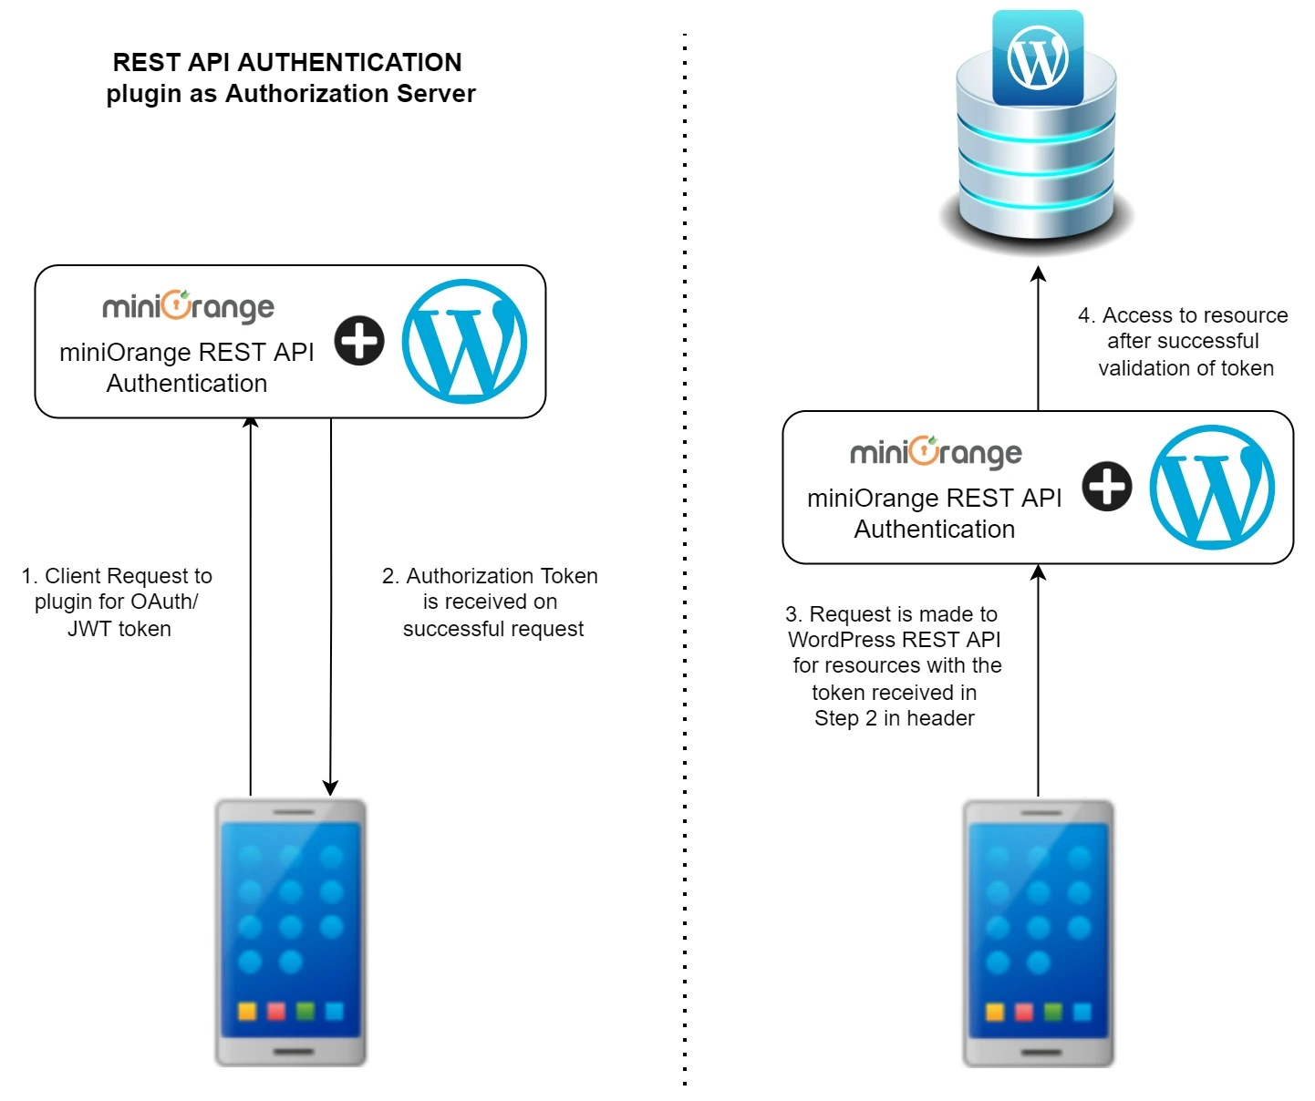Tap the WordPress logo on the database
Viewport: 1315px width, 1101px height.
pyautogui.click(x=1038, y=59)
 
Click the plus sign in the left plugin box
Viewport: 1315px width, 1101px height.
pyautogui.click(x=359, y=341)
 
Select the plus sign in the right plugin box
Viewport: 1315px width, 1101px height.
pyautogui.click(x=1107, y=486)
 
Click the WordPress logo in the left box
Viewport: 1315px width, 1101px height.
pyautogui.click(x=464, y=341)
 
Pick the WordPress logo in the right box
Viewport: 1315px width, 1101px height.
pyautogui.click(x=1212, y=487)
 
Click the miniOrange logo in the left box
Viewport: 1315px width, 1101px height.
pyautogui.click(x=188, y=307)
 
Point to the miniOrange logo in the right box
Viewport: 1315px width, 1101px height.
pyautogui.click(x=936, y=453)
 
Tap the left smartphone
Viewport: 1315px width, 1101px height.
pyautogui.click(x=291, y=931)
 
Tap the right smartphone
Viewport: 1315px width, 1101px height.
pyautogui.click(x=1039, y=931)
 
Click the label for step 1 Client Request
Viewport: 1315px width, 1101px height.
pyautogui.click(x=118, y=602)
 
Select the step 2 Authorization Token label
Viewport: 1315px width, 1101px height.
pyautogui.click(x=491, y=602)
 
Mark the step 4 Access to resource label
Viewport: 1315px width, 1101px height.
pyautogui.click(x=1184, y=341)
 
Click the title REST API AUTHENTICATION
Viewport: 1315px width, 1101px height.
pyautogui.click(x=287, y=62)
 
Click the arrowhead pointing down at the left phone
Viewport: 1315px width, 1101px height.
pyautogui.click(x=330, y=788)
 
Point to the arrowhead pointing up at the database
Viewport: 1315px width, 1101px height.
pyautogui.click(x=1038, y=273)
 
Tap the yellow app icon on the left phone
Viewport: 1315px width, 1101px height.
pyautogui.click(x=247, y=1011)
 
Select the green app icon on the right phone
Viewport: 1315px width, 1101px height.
pyautogui.click(x=1053, y=1012)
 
